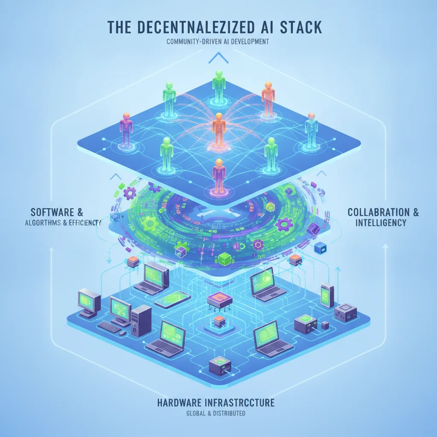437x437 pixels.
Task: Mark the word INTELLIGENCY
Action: coord(381,223)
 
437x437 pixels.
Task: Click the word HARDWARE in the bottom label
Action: coord(179,403)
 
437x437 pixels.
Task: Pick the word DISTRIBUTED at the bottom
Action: coord(229,413)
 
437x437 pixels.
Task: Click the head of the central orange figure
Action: coord(219,117)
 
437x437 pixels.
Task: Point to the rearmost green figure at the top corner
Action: coord(219,86)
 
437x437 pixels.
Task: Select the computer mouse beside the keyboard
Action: coord(122,333)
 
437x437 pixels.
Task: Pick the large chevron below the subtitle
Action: coord(218,58)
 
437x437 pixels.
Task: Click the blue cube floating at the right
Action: coord(320,248)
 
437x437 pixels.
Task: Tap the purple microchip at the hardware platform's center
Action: coord(220,300)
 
